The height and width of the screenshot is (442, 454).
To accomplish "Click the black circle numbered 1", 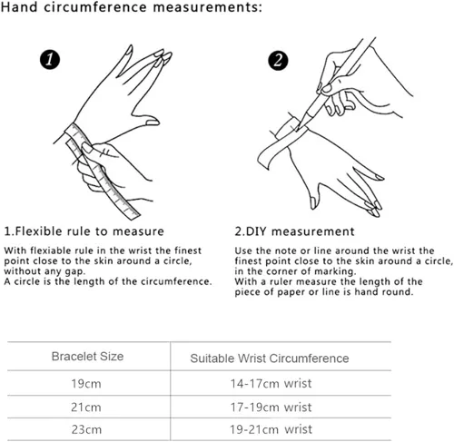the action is point(50,59).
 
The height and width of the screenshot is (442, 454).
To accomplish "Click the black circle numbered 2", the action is point(278,60).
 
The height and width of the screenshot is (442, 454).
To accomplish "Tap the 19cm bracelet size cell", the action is point(86,384).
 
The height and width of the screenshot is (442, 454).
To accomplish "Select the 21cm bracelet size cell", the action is point(86,408).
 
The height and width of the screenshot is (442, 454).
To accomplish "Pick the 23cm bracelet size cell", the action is point(86,429).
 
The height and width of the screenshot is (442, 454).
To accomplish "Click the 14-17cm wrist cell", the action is point(271,384).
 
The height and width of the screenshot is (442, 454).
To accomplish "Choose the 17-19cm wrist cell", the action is point(271,408).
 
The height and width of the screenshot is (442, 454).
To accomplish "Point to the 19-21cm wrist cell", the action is point(271,429).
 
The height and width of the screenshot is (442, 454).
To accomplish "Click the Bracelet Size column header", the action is point(87,357).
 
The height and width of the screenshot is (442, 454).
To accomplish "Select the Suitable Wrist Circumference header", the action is point(270,359).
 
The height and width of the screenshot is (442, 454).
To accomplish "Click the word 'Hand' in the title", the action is point(19,7).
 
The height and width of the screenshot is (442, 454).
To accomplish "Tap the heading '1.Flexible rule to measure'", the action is point(84,231).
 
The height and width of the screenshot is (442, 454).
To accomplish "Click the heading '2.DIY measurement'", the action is point(294,231).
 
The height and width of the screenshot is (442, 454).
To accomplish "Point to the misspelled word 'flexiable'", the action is point(47,250).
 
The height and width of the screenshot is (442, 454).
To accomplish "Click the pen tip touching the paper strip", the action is point(298,129).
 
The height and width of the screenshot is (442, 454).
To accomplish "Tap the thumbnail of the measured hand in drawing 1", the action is point(152,123).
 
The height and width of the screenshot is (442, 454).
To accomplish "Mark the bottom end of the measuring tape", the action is point(133,215).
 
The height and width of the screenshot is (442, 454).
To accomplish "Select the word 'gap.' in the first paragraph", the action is point(75,271).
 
